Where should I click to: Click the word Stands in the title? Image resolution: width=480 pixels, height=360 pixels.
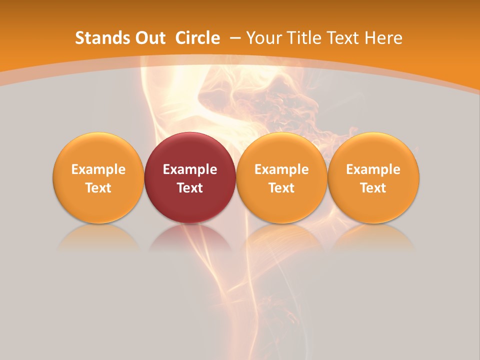[x=98, y=38]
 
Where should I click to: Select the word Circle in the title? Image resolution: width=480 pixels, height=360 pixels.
[x=197, y=38]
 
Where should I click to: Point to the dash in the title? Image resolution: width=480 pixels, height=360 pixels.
[x=235, y=38]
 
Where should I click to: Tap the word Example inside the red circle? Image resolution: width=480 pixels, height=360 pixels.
[x=190, y=169]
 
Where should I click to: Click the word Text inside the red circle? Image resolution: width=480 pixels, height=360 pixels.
[x=190, y=188]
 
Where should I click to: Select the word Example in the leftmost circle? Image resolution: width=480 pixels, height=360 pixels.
[x=98, y=169]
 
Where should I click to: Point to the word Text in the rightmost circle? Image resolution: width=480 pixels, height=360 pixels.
[x=373, y=188]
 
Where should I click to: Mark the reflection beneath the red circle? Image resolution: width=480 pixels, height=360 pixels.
[x=190, y=237]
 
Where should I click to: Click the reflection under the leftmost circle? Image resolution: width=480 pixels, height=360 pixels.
[x=98, y=237]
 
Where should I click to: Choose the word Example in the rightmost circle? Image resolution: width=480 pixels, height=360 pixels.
[x=373, y=169]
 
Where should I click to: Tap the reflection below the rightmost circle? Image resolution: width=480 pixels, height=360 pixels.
[x=373, y=237]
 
